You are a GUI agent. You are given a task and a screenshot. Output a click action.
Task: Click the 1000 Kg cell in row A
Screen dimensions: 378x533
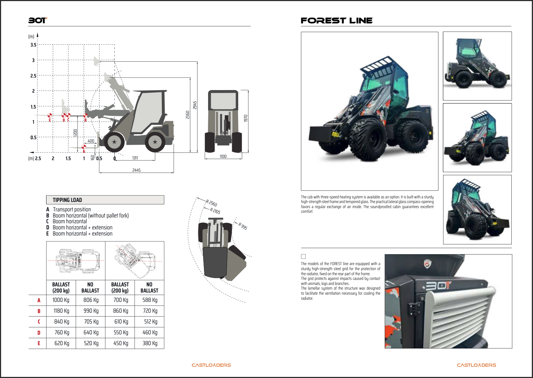coord(61,300)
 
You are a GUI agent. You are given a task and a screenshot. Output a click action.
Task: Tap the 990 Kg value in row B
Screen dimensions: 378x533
coord(91,311)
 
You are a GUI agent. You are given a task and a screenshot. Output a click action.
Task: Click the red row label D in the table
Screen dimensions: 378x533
coord(39,333)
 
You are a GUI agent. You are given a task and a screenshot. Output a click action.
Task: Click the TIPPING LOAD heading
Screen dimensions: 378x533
coord(67,200)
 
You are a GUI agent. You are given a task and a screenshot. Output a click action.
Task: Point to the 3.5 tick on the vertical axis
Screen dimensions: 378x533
coord(34,45)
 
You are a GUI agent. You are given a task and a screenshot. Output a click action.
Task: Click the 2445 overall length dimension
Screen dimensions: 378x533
coord(136,170)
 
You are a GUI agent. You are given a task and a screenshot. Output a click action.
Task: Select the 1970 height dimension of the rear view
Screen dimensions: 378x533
coord(246,118)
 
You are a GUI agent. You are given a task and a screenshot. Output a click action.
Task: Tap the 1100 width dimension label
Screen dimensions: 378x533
coord(223,157)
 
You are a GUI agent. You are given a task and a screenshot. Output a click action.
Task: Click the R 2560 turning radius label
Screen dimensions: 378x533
coord(212,203)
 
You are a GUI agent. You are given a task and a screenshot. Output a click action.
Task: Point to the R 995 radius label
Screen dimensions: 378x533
coord(243,226)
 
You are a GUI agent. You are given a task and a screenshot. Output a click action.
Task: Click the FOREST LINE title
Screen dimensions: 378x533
coord(337,21)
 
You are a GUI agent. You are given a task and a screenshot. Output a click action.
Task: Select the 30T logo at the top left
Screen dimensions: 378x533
coord(37,21)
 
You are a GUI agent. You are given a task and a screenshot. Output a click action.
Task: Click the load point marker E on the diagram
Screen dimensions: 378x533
coord(50,116)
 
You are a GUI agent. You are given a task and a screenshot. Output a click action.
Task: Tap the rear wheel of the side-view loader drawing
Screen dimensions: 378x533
coord(155,142)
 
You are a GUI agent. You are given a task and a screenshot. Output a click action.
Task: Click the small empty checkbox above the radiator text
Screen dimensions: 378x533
coord(303,256)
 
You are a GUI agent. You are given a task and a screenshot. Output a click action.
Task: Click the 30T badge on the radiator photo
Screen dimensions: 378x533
coord(438,286)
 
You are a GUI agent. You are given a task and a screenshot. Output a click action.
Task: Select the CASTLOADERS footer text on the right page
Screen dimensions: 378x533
coord(476,365)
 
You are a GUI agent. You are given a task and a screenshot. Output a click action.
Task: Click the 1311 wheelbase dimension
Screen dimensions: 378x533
coord(135,158)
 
